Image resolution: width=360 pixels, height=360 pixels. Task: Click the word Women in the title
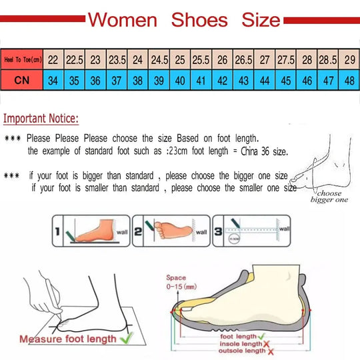pyautogui.click(x=123, y=19)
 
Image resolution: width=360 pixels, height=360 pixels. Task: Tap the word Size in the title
pyautogui.click(x=261, y=19)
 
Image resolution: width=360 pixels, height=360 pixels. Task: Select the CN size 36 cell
pyautogui.click(x=95, y=80)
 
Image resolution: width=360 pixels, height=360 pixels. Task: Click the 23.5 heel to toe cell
pyautogui.click(x=117, y=59)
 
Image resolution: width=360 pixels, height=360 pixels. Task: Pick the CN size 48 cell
pyautogui.click(x=349, y=80)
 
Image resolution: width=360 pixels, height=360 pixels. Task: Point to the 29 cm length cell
pyautogui.click(x=349, y=59)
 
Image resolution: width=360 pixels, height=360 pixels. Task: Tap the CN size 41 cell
pyautogui.click(x=201, y=80)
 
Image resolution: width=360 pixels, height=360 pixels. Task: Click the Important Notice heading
pyautogui.click(x=41, y=119)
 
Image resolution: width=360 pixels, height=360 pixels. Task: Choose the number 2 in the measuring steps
pyautogui.click(x=137, y=232)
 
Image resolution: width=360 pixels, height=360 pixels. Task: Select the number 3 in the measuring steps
pyautogui.click(x=218, y=232)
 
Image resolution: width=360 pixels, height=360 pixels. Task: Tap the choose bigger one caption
pyautogui.click(x=329, y=195)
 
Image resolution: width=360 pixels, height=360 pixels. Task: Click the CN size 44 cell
pyautogui.click(x=265, y=80)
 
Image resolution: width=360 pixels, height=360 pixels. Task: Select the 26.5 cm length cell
pyautogui.click(x=243, y=59)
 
